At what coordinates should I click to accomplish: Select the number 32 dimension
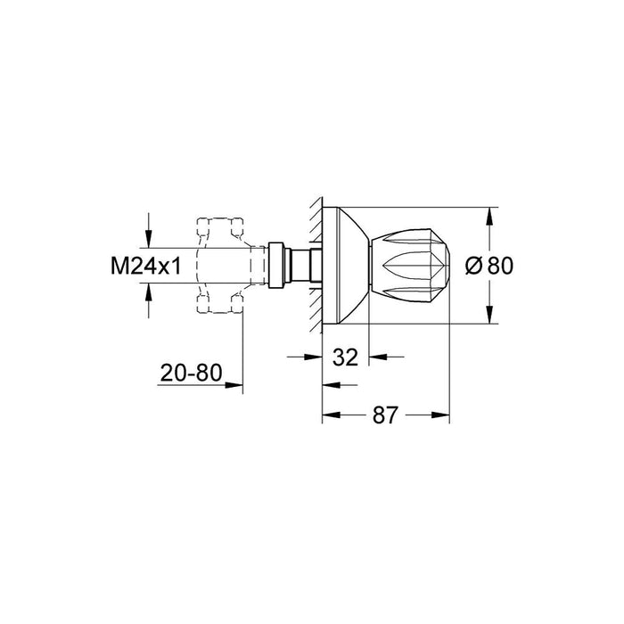tap(345, 357)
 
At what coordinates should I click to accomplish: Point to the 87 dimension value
tap(384, 415)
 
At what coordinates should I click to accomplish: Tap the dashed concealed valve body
tap(218, 266)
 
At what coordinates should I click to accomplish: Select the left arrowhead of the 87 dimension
tap(326, 415)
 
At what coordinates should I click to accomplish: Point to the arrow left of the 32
tap(313, 357)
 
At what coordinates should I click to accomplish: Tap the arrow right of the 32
tap(375, 357)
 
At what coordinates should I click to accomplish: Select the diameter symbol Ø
tap(474, 266)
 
